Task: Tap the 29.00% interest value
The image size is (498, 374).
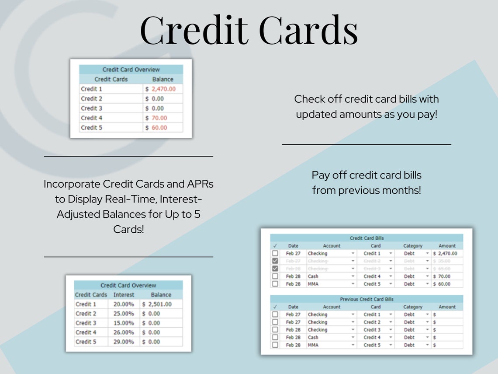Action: click(x=124, y=342)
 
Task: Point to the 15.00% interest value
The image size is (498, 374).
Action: click(x=124, y=323)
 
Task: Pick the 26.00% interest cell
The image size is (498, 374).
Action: click(x=124, y=332)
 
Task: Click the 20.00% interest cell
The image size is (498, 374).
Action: click(x=124, y=304)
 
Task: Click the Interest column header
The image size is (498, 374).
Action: click(x=124, y=295)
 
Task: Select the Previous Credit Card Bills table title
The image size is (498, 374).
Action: click(x=367, y=299)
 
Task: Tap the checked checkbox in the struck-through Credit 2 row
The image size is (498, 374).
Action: click(x=275, y=261)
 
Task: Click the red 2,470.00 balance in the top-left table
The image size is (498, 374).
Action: click(x=163, y=89)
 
